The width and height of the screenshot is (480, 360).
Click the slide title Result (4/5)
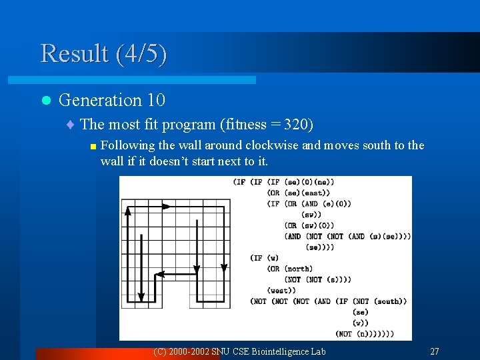click(103, 53)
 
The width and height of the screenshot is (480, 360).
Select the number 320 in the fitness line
click(297, 124)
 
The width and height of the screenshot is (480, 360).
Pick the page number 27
click(434, 351)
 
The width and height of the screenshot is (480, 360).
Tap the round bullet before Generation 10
click(45, 101)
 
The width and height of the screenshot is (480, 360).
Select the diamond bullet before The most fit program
click(71, 125)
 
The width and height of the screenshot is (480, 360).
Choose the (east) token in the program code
click(315, 193)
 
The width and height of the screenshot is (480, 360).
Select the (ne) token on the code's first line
click(323, 181)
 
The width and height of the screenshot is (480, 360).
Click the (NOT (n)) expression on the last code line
click(356, 333)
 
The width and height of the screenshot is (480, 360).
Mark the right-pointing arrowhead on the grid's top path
click(166, 207)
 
